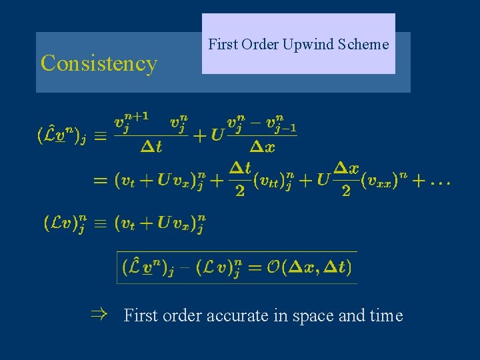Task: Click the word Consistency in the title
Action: (99, 63)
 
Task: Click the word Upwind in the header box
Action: (303, 45)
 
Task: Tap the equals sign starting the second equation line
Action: (101, 181)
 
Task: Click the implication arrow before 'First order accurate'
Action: (99, 314)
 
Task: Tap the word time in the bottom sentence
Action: (385, 315)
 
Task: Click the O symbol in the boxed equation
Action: (273, 268)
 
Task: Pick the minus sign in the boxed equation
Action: (185, 268)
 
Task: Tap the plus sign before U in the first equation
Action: (199, 135)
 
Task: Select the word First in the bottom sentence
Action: (140, 315)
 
